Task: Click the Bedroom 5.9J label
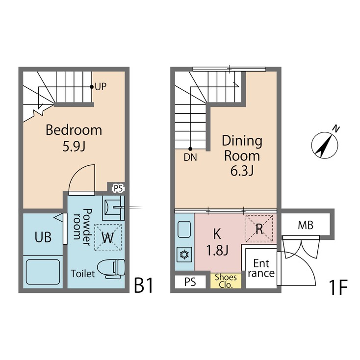coord(74,138)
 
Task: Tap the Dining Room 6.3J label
coord(242,155)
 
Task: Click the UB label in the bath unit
coord(43,238)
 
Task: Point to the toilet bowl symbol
coord(111,269)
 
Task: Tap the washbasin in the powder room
coord(113,208)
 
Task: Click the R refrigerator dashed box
coord(259,228)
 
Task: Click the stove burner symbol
coord(184,255)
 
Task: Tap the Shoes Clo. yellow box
coord(226,281)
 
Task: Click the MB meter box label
coord(306,225)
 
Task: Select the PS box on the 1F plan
coord(190,282)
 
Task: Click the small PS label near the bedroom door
coord(118,188)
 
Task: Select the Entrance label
coord(261,268)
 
